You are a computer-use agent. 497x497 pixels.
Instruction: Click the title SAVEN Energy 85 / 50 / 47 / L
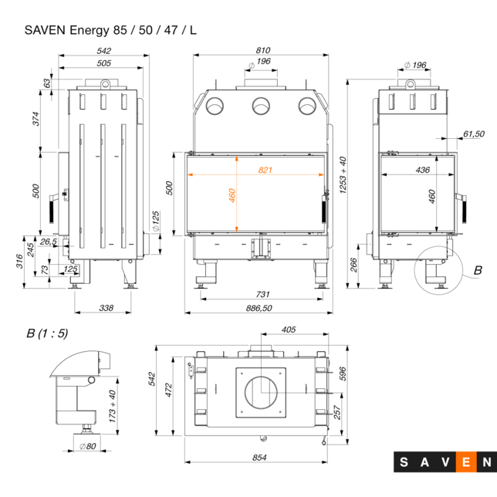[110, 30]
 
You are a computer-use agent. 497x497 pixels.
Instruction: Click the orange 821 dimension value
[266, 169]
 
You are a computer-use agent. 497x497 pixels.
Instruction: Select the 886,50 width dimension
[259, 308]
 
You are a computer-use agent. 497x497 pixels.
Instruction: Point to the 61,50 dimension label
[474, 134]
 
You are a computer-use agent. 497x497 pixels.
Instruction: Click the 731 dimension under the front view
[263, 294]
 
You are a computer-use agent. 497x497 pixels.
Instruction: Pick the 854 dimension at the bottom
[259, 458]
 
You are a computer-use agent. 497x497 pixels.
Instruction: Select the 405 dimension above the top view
[289, 330]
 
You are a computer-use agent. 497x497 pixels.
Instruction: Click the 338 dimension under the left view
[106, 308]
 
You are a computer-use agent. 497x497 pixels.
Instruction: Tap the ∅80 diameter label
[86, 446]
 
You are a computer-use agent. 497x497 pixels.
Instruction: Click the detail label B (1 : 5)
[47, 333]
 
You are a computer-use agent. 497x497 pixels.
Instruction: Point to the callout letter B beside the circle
[477, 270]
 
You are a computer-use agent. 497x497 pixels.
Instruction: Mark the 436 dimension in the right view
[422, 169]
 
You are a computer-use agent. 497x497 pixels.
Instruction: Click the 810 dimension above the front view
[263, 51]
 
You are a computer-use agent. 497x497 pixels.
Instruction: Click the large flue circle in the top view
[263, 393]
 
